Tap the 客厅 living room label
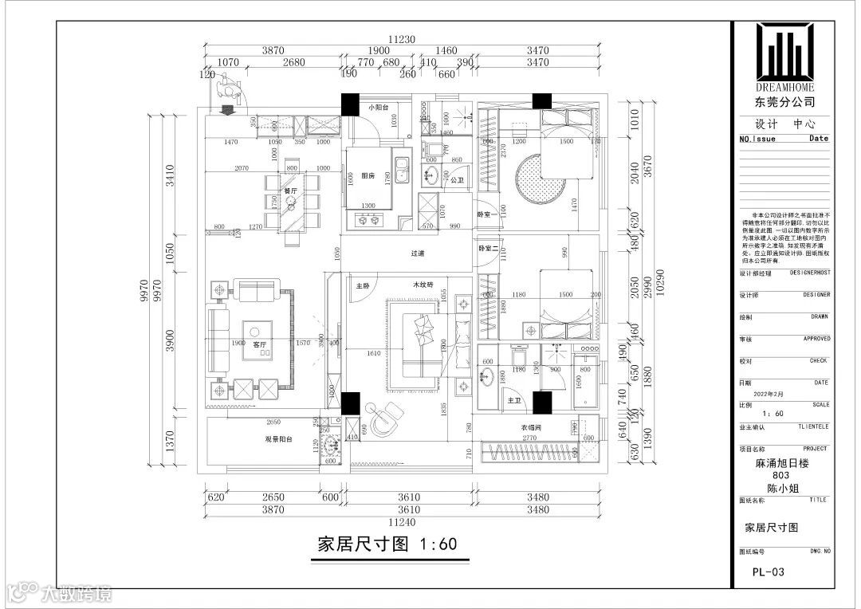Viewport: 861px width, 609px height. (x=258, y=344)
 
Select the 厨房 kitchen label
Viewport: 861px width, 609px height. (x=368, y=176)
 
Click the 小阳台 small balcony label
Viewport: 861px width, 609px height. (x=377, y=108)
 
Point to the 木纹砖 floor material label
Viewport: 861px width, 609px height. (x=423, y=285)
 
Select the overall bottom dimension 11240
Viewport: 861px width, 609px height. (x=403, y=523)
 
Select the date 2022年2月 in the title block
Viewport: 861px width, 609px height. (x=757, y=394)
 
